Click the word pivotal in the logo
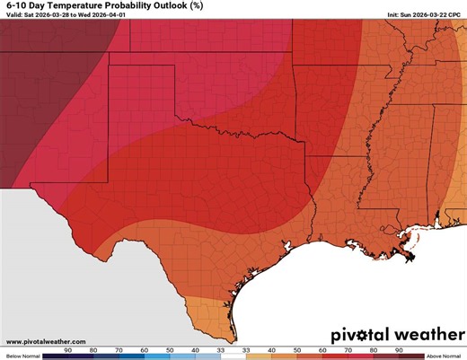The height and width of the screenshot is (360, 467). point(359,334)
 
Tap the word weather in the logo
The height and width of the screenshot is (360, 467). point(424,334)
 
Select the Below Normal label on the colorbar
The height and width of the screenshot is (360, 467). point(21,356)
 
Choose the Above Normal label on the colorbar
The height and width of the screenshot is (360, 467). point(445,356)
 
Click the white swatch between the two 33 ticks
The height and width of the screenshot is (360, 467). point(233,356)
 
